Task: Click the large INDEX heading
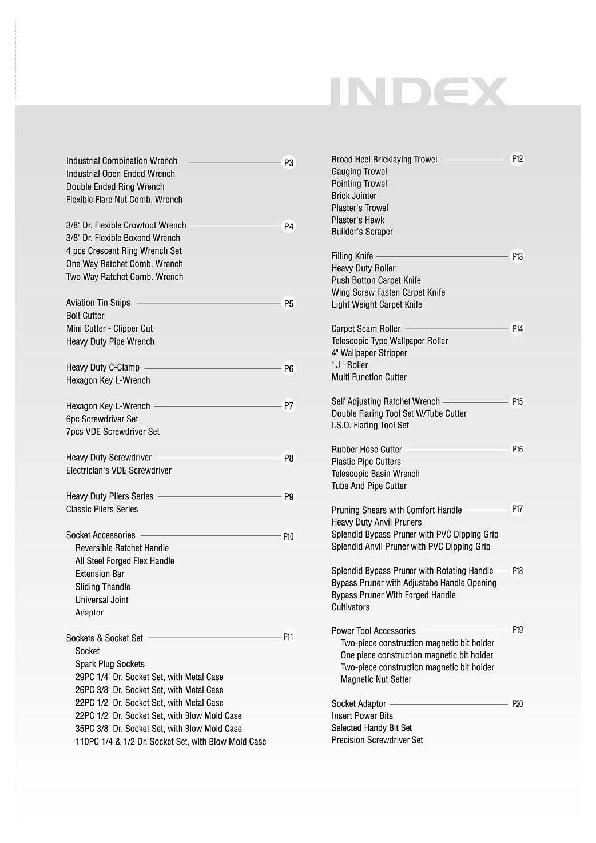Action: (x=419, y=92)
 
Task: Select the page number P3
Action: (x=289, y=163)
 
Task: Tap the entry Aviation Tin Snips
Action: (x=98, y=303)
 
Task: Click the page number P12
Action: (x=518, y=159)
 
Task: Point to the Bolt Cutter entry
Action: (x=85, y=316)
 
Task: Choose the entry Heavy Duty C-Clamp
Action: (x=103, y=367)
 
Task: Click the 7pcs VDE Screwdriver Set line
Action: (x=113, y=432)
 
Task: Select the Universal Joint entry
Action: (x=102, y=600)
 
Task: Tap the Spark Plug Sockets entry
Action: (x=110, y=664)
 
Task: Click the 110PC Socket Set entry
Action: (x=170, y=742)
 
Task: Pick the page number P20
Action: (x=518, y=704)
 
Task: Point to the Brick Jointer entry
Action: (x=354, y=196)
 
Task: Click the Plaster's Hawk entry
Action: (x=358, y=220)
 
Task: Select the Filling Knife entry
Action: (x=352, y=256)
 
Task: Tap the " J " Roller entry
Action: (x=350, y=365)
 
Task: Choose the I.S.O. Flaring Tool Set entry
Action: (x=370, y=426)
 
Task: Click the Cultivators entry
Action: (x=351, y=607)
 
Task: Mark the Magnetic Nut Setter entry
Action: (x=376, y=679)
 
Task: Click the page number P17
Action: (x=518, y=509)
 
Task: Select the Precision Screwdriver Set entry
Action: (x=378, y=740)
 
